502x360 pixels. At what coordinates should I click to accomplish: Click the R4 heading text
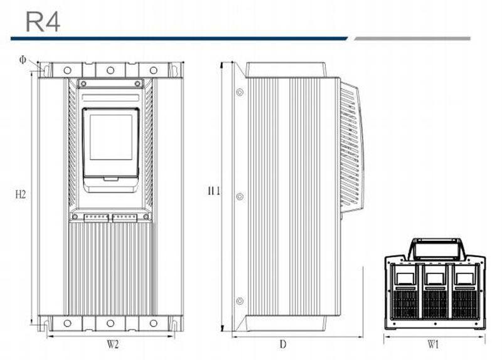tap(43, 22)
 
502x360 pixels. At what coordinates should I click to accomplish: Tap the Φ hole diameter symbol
tap(23, 60)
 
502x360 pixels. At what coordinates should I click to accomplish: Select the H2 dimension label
tap(21, 194)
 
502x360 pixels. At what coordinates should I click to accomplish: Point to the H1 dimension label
tap(214, 191)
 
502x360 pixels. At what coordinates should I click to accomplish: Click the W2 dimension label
tap(113, 344)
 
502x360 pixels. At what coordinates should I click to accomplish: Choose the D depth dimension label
tap(283, 344)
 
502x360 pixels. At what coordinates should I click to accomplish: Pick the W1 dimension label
tap(433, 344)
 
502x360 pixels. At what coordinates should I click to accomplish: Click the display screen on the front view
tap(111, 137)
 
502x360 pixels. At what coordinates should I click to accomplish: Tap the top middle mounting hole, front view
tap(110, 70)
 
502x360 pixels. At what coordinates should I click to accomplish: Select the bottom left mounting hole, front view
tap(67, 323)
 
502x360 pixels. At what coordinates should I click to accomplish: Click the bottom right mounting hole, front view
tap(154, 323)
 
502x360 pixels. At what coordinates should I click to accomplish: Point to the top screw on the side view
tap(240, 92)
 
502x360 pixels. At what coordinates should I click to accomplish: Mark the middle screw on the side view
tap(240, 196)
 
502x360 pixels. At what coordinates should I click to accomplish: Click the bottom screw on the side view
tap(240, 301)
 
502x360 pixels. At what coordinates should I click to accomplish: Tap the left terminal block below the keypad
tap(96, 218)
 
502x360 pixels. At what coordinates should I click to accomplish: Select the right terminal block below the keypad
tap(125, 218)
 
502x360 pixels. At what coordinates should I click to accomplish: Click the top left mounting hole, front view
tap(67, 70)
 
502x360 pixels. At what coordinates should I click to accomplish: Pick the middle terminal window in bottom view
tap(435, 278)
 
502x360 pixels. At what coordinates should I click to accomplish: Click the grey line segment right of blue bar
tap(412, 39)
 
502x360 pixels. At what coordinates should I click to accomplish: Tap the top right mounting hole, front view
tap(154, 70)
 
